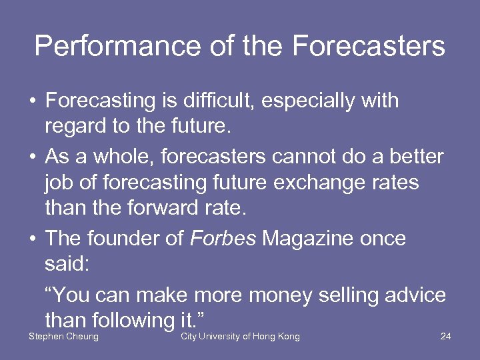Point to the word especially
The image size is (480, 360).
click(311, 101)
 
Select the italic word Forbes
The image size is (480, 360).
click(223, 239)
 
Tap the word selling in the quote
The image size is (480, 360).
click(349, 294)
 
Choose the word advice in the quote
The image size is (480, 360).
click(415, 293)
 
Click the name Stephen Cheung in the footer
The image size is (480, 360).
click(63, 337)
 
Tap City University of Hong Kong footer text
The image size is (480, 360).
click(240, 337)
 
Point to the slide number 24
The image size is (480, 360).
click(446, 336)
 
